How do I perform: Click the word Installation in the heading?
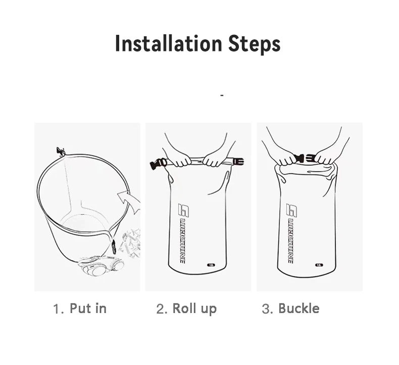[165, 43]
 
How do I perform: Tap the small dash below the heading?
[222, 95]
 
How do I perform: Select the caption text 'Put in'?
[88, 308]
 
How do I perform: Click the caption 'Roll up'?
[194, 308]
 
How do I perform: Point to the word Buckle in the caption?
[299, 308]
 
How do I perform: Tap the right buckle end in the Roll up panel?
[237, 162]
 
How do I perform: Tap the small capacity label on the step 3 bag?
[319, 264]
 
